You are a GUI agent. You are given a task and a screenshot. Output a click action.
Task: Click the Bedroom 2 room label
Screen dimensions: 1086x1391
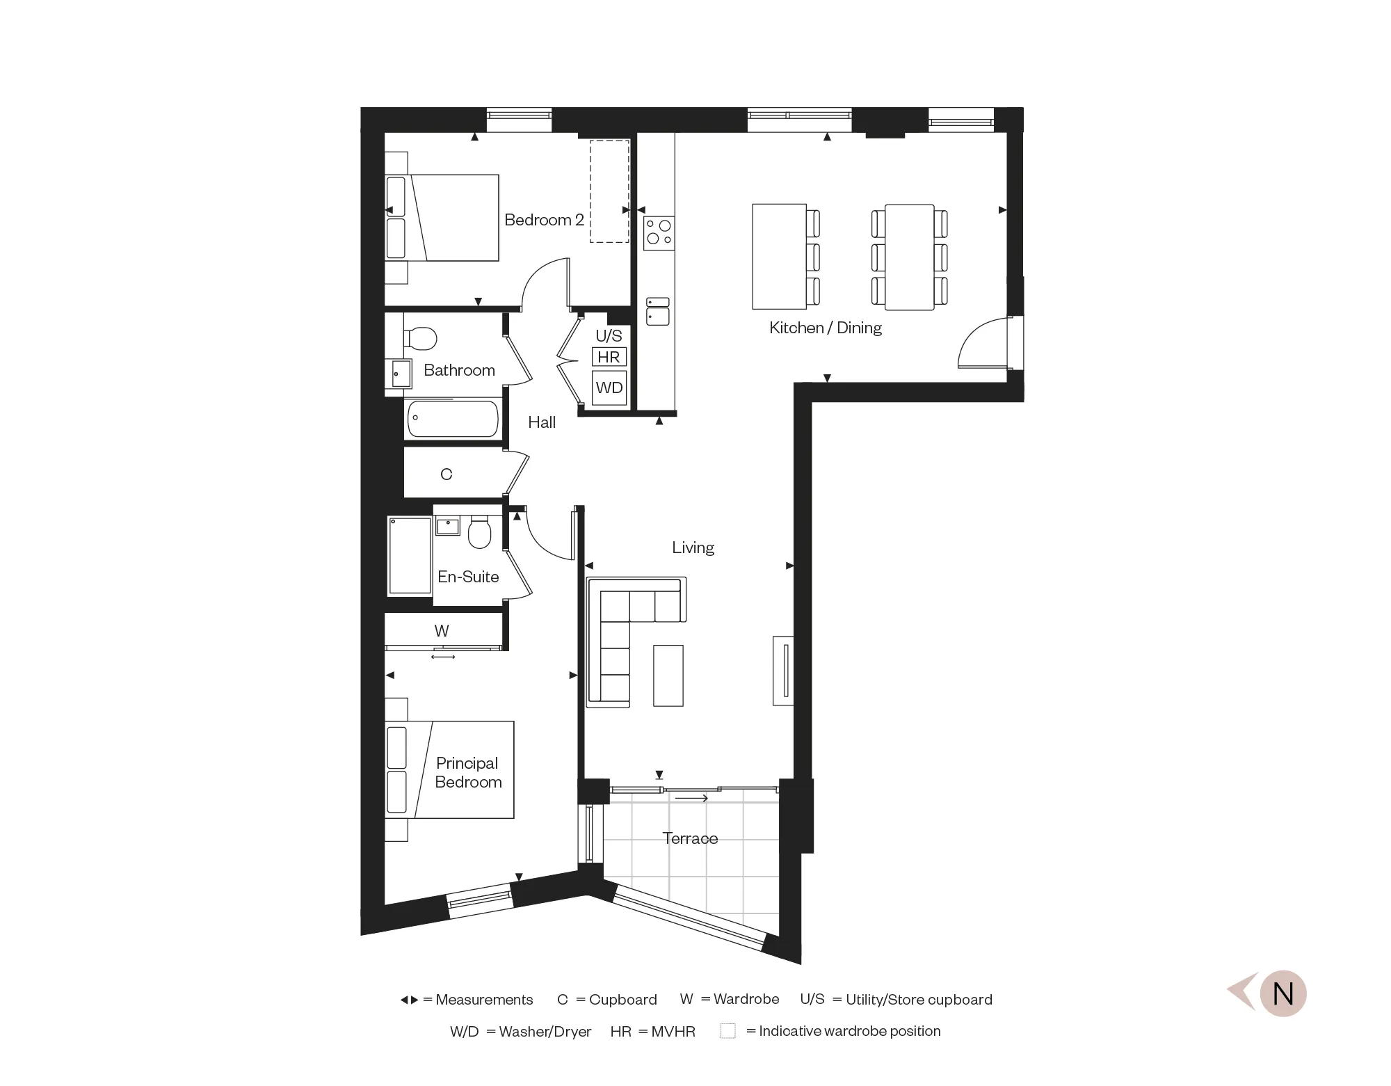(x=544, y=220)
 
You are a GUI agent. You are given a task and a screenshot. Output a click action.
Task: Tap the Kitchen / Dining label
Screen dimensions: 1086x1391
(x=826, y=328)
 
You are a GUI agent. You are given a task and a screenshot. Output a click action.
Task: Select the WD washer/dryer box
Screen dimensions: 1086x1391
(x=609, y=388)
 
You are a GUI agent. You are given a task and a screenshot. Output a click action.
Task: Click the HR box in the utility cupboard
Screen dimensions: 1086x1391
(x=609, y=357)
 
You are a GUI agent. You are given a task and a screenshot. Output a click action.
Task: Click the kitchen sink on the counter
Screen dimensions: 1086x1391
(x=657, y=312)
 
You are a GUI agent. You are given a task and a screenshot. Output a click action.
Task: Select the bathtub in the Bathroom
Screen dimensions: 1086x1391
(x=453, y=418)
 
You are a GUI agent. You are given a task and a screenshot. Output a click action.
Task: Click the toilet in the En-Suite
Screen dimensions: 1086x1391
(x=479, y=533)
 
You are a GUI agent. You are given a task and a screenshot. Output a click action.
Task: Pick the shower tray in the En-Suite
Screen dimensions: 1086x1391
(x=410, y=555)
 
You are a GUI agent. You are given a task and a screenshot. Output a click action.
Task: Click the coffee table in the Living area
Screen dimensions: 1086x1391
(x=668, y=676)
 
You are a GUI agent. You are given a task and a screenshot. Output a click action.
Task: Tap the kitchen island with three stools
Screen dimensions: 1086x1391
(x=779, y=257)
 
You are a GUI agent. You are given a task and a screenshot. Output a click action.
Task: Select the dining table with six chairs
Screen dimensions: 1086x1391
(x=909, y=257)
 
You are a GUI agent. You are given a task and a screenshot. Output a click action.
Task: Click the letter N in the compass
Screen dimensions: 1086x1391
(x=1283, y=993)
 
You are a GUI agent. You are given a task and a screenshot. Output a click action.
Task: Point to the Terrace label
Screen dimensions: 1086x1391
(x=690, y=838)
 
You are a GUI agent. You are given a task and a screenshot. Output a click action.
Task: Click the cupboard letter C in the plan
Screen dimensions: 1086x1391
(x=447, y=474)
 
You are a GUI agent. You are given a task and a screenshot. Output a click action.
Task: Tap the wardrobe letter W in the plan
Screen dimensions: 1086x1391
(x=442, y=630)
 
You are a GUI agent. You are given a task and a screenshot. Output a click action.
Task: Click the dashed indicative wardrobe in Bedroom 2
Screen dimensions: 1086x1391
(x=609, y=191)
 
